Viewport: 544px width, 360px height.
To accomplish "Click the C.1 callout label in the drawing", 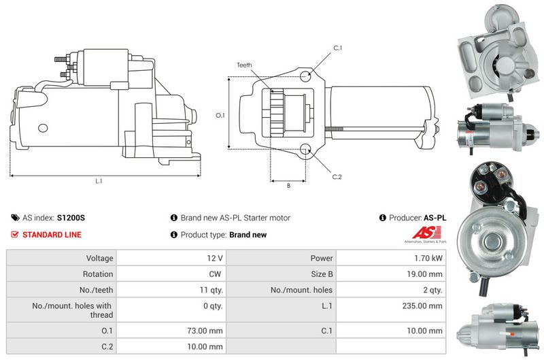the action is pos(337,48).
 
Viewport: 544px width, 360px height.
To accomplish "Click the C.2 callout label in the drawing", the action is pos(337,177).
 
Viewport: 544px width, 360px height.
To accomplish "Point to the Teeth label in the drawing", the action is pos(244,65).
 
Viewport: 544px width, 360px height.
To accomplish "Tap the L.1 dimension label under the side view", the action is pos(99,181).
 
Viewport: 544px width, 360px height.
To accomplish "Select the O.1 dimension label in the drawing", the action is pos(220,115).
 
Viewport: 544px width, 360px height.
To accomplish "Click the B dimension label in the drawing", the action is pos(288,186).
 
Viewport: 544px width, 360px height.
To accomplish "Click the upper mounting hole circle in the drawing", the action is pos(305,76).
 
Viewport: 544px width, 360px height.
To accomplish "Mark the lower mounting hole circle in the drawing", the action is pos(305,149).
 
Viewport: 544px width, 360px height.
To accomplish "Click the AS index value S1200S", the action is pos(71,218).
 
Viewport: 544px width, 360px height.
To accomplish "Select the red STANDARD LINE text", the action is pos(52,235).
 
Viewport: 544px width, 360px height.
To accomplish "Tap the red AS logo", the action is pos(426,232).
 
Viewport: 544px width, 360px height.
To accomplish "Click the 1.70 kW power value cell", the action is pos(391,258).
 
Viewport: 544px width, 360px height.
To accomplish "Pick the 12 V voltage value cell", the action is pos(171,258).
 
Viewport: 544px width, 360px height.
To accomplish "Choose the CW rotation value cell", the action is pos(171,274).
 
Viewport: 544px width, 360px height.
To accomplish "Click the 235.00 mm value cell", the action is pos(391,310).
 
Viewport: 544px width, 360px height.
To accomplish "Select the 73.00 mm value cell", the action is pos(171,331).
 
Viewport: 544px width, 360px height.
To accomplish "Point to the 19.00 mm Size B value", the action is pos(424,274).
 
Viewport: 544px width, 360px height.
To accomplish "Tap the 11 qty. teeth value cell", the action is pos(171,289).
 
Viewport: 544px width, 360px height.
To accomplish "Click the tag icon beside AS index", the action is pos(15,218).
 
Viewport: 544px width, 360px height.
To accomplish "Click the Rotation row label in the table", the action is pos(98,274).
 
